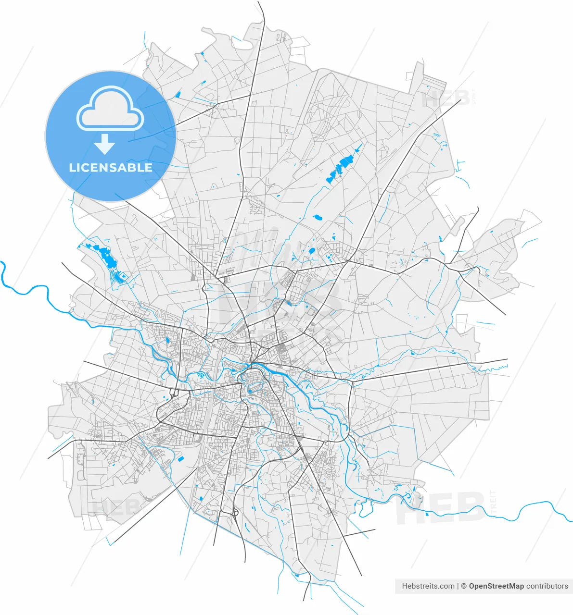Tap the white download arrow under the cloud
point(104,144)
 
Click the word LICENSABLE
point(111,168)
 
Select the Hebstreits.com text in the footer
point(428,586)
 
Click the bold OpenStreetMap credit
point(496,586)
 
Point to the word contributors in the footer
point(547,586)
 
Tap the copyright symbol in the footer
point(464,586)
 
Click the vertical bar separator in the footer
point(458,586)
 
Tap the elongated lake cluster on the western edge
point(107,258)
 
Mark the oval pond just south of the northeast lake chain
point(318,218)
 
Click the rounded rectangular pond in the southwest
point(181,459)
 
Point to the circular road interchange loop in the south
point(235,513)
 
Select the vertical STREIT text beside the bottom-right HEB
point(492,502)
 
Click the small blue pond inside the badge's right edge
point(178,94)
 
